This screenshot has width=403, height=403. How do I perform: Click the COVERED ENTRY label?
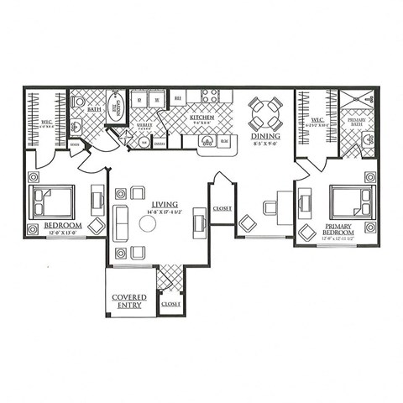click(x=129, y=302)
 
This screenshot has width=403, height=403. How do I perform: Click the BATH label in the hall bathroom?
click(x=95, y=107)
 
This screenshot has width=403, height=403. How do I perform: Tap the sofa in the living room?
click(x=118, y=222)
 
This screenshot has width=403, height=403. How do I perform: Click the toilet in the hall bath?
click(x=78, y=102)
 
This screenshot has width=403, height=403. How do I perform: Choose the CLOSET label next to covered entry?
click(x=170, y=303)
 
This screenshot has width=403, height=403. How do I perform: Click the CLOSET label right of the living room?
click(x=222, y=209)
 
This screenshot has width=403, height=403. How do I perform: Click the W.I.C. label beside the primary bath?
click(x=317, y=122)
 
